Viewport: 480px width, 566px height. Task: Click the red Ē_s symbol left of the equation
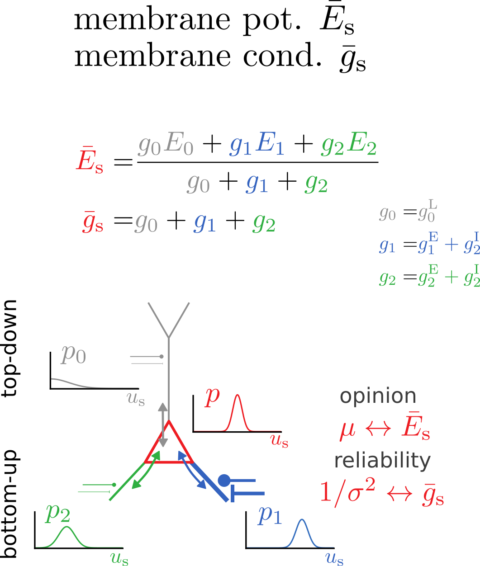click(90, 160)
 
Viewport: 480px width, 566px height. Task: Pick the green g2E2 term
click(348, 145)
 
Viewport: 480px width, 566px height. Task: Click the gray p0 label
click(73, 354)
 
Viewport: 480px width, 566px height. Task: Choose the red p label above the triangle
click(212, 396)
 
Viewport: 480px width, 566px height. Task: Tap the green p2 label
click(57, 513)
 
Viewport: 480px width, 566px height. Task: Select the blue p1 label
click(270, 514)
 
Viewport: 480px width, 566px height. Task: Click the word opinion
click(378, 396)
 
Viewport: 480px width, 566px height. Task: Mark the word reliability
click(382, 461)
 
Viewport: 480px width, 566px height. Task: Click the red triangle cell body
click(169, 448)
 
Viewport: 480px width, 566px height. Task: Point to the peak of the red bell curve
click(237, 395)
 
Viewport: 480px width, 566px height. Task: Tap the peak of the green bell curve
click(67, 527)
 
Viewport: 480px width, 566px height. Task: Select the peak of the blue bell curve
click(302, 519)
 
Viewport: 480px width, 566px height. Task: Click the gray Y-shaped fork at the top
click(169, 321)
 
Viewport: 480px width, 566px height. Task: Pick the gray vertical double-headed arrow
click(163, 424)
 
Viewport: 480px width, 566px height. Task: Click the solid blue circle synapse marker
click(224, 481)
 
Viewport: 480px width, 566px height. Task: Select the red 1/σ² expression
click(347, 493)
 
